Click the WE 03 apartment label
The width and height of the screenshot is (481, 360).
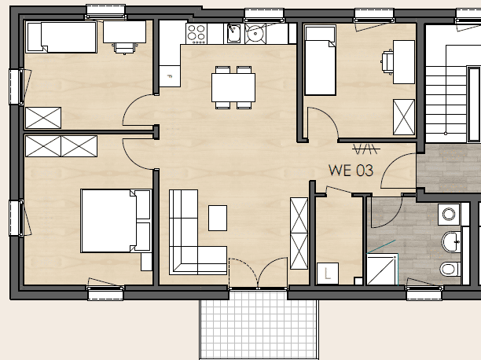tap(351, 171)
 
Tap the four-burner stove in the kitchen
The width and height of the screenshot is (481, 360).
tap(196, 34)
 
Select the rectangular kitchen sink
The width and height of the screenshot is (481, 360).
tap(233, 34)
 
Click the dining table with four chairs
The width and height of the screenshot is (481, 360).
tap(233, 87)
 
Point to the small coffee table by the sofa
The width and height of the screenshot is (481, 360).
tap(218, 218)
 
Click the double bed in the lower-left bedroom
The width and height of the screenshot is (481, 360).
tap(116, 221)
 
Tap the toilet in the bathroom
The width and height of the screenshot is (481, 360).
tap(450, 269)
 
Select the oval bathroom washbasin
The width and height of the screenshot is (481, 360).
tap(451, 242)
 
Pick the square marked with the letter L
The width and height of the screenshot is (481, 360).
tap(328, 274)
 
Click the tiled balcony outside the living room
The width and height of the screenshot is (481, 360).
tap(259, 325)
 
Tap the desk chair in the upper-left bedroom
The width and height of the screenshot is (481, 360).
tap(124, 48)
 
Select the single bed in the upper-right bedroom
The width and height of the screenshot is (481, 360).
tap(320, 61)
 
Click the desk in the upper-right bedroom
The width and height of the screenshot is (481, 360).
tap(404, 61)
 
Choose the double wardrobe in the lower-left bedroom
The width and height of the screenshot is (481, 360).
tap(61, 146)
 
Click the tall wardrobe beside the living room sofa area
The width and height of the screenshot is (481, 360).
tap(299, 233)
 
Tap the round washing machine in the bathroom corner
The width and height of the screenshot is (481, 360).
tap(449, 215)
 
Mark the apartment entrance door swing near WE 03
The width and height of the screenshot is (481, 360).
tap(393, 163)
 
